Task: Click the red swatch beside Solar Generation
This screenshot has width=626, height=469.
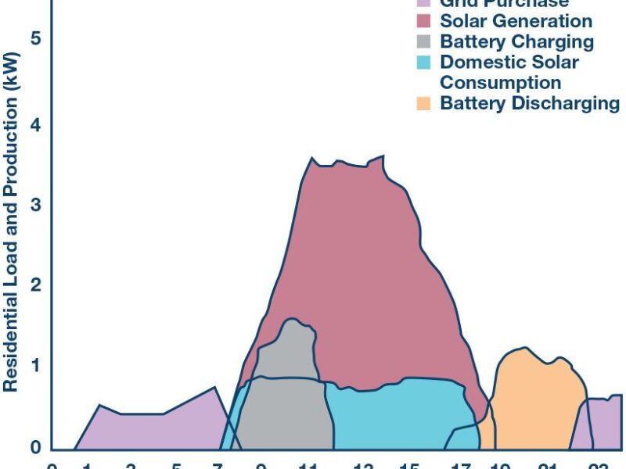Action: [x=425, y=21]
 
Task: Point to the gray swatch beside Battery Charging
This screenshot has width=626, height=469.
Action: [x=425, y=41]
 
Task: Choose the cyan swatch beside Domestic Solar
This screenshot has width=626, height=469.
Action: [x=425, y=62]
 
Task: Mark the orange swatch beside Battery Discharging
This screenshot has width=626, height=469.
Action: [x=425, y=103]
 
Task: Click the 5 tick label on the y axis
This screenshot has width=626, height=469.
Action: [x=34, y=39]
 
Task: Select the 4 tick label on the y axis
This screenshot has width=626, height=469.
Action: [x=34, y=124]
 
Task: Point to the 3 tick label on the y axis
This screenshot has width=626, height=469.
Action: [x=34, y=206]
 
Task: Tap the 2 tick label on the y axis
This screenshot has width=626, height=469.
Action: [x=34, y=286]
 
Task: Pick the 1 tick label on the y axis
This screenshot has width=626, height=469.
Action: [x=34, y=367]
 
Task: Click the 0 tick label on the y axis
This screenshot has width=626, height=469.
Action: [x=34, y=447]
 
